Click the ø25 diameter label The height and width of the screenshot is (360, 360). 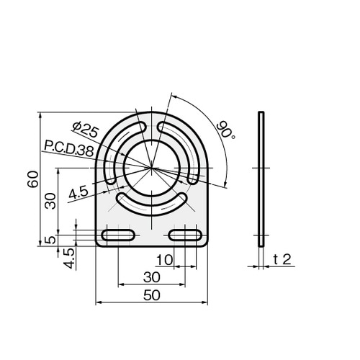86,130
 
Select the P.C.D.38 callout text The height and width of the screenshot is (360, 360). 69,149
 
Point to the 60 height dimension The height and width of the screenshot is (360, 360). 33,179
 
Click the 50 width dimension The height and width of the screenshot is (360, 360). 152,295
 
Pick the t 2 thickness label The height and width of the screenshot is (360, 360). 282,259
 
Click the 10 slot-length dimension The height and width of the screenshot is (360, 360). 164,260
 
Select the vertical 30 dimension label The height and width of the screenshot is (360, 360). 51,201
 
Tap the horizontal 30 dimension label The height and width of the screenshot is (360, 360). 152,277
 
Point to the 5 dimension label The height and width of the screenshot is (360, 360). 51,240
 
